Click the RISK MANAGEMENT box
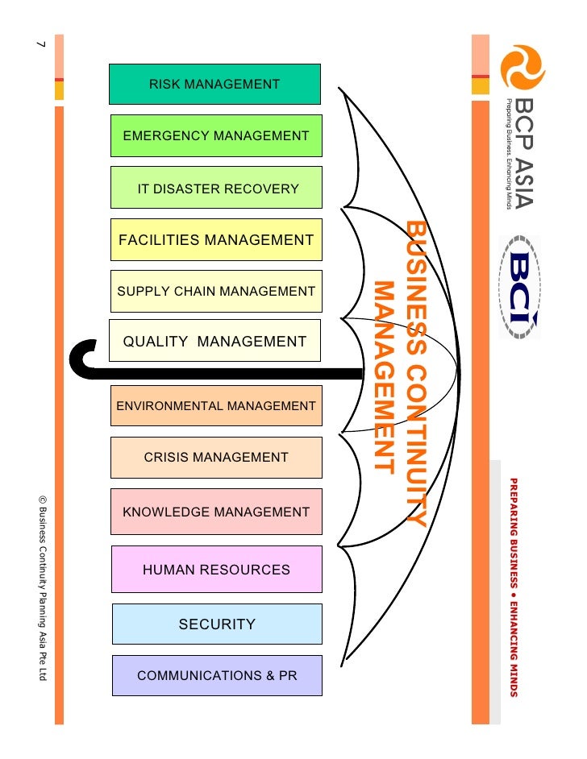(x=214, y=85)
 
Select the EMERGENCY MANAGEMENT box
(x=216, y=136)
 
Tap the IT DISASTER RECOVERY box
(x=216, y=188)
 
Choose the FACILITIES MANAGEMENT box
(x=216, y=239)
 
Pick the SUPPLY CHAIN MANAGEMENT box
(x=216, y=291)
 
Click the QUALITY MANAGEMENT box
(x=214, y=341)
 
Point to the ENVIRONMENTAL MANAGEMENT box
(x=216, y=406)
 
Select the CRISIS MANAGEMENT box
(x=216, y=458)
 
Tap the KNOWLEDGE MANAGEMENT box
(x=216, y=512)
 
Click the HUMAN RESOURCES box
(x=216, y=570)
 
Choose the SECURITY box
(x=216, y=624)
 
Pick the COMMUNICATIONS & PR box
(x=216, y=675)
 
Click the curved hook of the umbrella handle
(x=81, y=359)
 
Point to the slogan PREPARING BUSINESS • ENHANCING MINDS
(x=513, y=586)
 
